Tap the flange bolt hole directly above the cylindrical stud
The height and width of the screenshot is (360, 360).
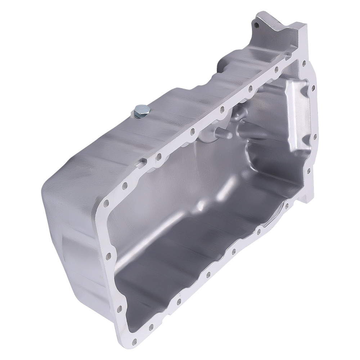point(222,108)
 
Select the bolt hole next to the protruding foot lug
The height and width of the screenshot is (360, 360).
point(287,205)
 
